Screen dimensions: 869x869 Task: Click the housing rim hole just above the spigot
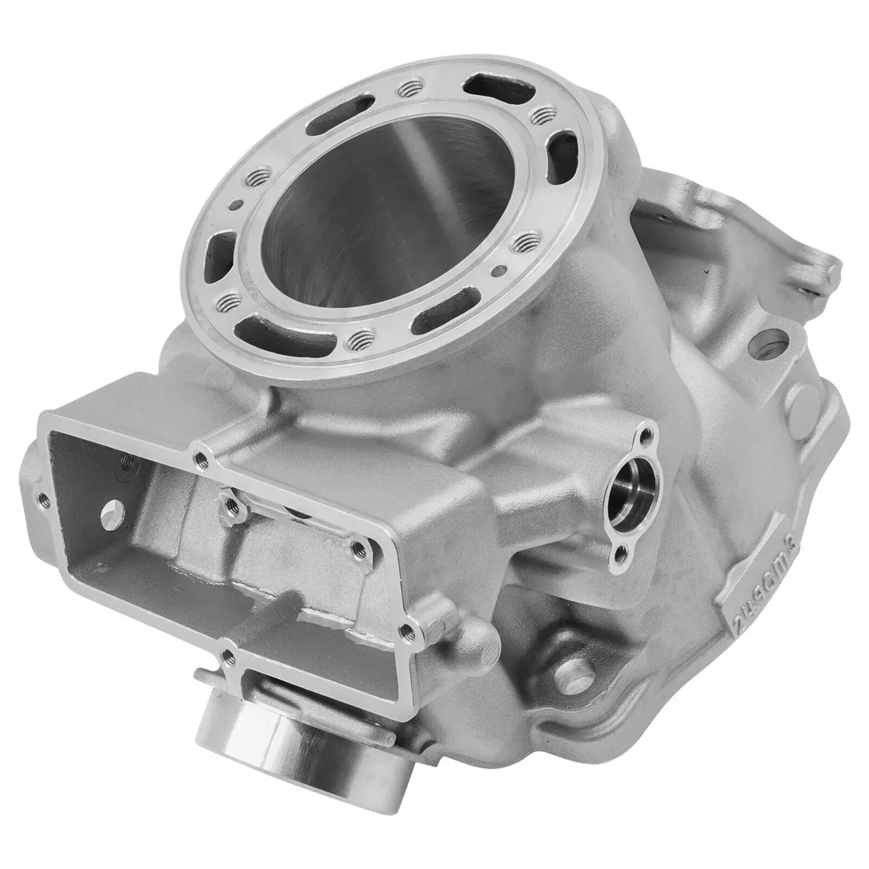(x=229, y=655)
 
